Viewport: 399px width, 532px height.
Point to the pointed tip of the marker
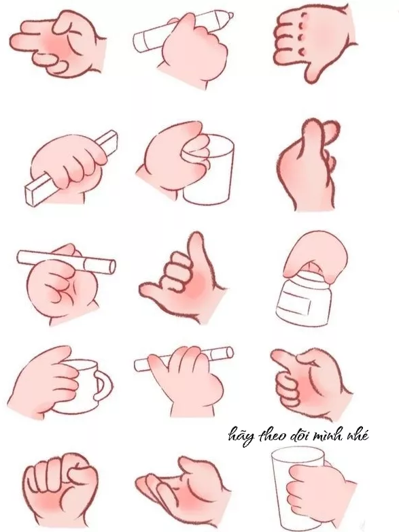click(x=230, y=16)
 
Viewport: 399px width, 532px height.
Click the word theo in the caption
click(x=270, y=435)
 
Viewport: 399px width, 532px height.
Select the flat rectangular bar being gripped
click(x=71, y=167)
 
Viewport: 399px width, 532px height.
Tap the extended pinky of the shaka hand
click(x=152, y=290)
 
